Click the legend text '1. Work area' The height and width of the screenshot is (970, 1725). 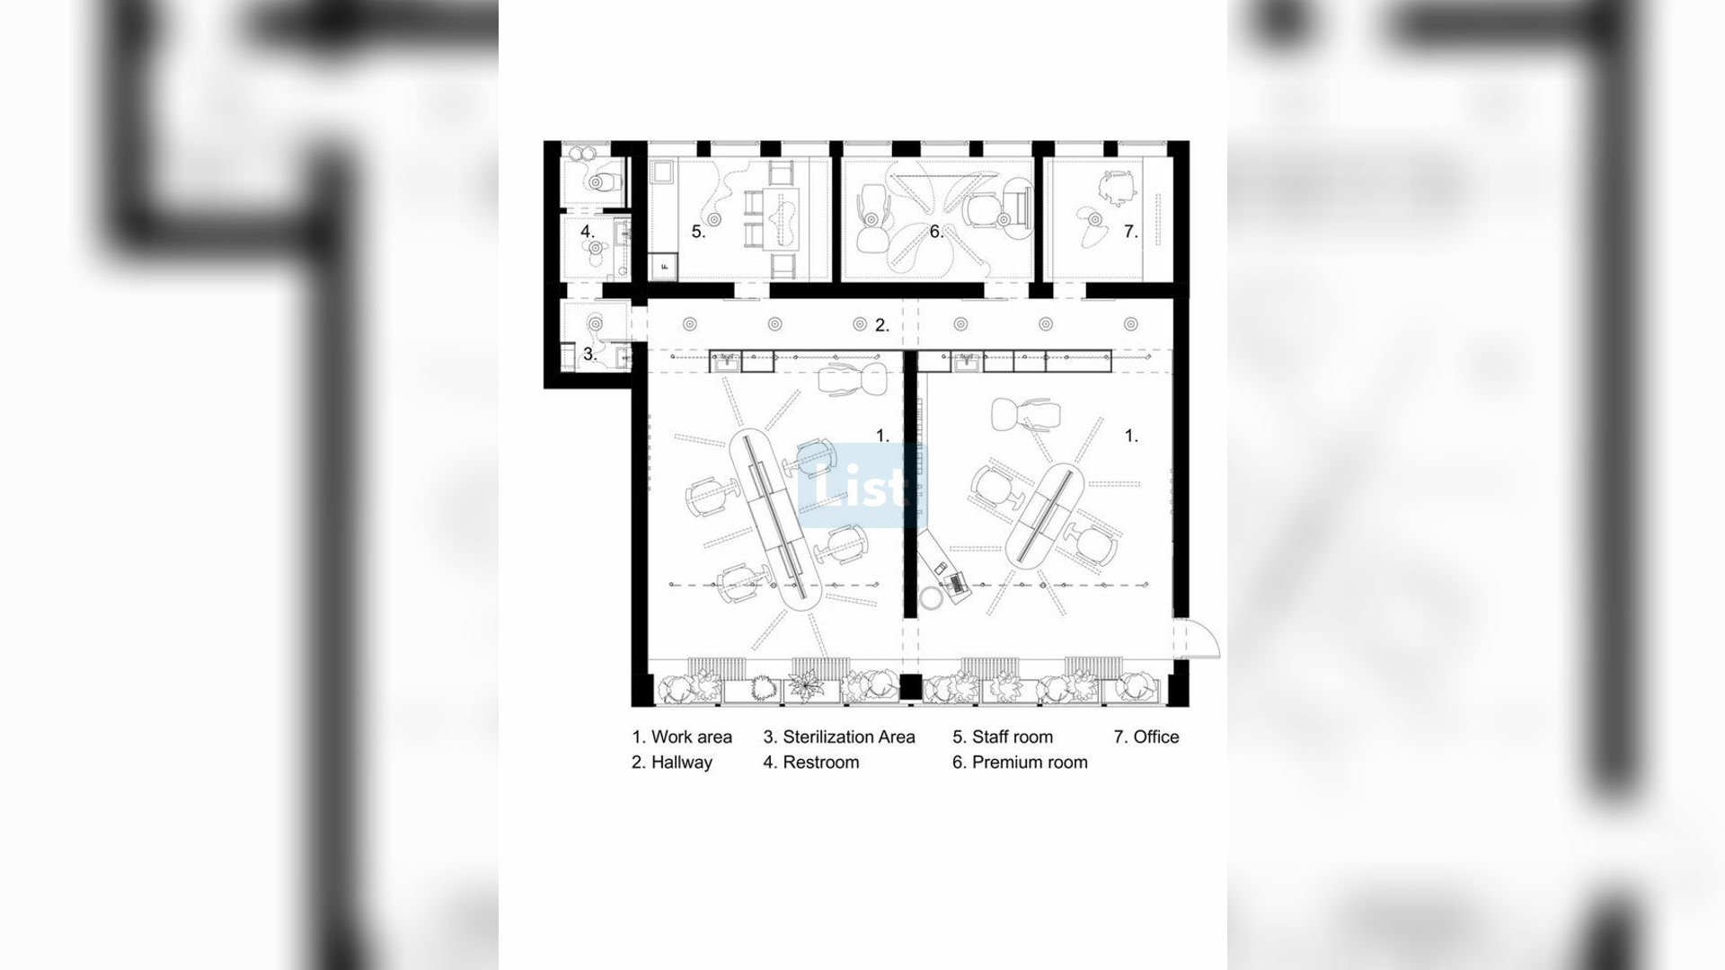click(682, 737)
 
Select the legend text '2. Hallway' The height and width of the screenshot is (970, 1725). click(672, 763)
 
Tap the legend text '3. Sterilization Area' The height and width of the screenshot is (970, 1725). click(839, 737)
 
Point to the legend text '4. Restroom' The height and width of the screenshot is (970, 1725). click(811, 763)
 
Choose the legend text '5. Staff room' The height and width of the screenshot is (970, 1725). click(1003, 737)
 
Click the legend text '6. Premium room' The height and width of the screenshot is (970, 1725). click(1020, 763)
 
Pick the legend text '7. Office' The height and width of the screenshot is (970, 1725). click(1146, 737)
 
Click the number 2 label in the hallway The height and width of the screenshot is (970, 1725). click(882, 325)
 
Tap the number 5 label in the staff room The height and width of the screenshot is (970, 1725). click(698, 232)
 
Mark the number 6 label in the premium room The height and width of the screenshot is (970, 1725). click(936, 232)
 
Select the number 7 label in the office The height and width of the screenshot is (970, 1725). click(1130, 232)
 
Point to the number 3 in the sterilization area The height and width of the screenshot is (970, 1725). click(589, 354)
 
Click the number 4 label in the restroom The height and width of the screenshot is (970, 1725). click(588, 231)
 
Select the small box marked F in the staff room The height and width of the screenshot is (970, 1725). click(666, 266)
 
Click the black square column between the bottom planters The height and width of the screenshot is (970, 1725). click(911, 687)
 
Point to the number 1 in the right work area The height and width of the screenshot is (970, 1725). click(1132, 436)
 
